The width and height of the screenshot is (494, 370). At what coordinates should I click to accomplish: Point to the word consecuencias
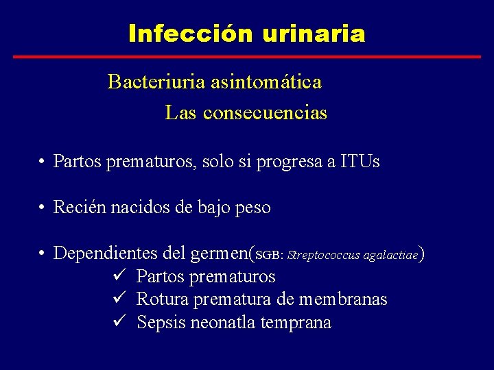point(278,113)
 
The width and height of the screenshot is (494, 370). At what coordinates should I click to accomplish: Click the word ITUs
point(360,162)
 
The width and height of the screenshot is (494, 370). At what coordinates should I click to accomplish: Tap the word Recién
point(79,207)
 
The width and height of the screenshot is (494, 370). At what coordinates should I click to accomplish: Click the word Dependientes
point(106,254)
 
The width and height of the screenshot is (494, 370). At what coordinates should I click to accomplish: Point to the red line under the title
point(247,56)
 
